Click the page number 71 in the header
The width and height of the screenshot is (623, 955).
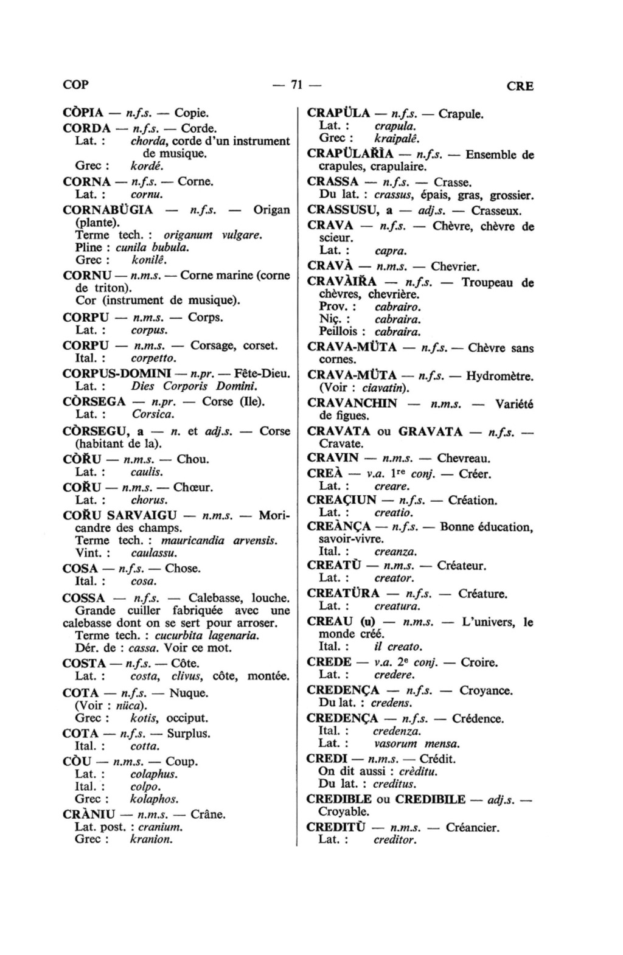tap(297, 85)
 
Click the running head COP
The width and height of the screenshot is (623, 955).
tap(75, 85)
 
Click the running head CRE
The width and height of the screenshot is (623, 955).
tap(520, 86)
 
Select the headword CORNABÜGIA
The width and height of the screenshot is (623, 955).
tap(108, 210)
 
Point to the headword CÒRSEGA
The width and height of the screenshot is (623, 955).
tap(94, 401)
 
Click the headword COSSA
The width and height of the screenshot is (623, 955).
tap(84, 598)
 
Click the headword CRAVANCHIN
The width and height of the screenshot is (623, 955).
tap(352, 403)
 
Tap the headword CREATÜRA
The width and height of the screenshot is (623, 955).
tap(343, 593)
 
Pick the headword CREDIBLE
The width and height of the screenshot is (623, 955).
tap(339, 799)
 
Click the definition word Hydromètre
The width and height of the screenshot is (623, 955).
tap(500, 376)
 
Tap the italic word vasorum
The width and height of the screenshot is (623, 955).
tap(395, 743)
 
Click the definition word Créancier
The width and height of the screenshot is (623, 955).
tap(472, 827)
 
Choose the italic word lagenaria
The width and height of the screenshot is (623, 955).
tap(232, 635)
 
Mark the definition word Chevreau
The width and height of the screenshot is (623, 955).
tap(464, 458)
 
